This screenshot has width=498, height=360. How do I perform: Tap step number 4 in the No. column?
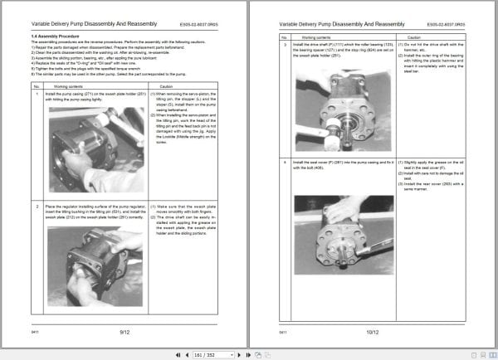click(x=286, y=162)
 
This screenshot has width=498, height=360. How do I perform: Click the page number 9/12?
click(x=124, y=331)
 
